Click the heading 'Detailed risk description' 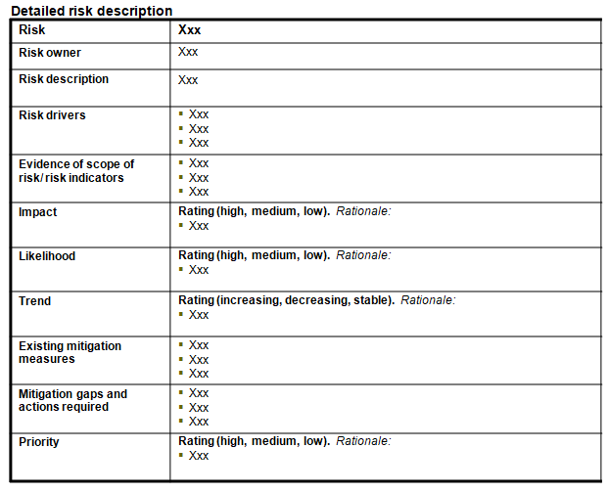click(91, 11)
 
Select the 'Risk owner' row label click(50, 53)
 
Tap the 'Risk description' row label click(64, 79)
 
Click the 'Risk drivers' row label click(52, 115)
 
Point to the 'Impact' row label click(38, 212)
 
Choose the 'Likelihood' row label click(47, 256)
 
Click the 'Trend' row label click(35, 301)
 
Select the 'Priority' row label click(39, 442)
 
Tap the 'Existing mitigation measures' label click(70, 352)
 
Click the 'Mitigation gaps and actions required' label click(72, 400)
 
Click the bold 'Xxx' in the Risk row click(190, 30)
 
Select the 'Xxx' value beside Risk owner click(188, 53)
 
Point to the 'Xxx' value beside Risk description click(188, 80)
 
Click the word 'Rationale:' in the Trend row click(428, 300)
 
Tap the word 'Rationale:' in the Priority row click(363, 441)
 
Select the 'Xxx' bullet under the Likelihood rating click(199, 270)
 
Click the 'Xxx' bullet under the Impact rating click(199, 226)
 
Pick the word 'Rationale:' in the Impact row click(363, 211)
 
